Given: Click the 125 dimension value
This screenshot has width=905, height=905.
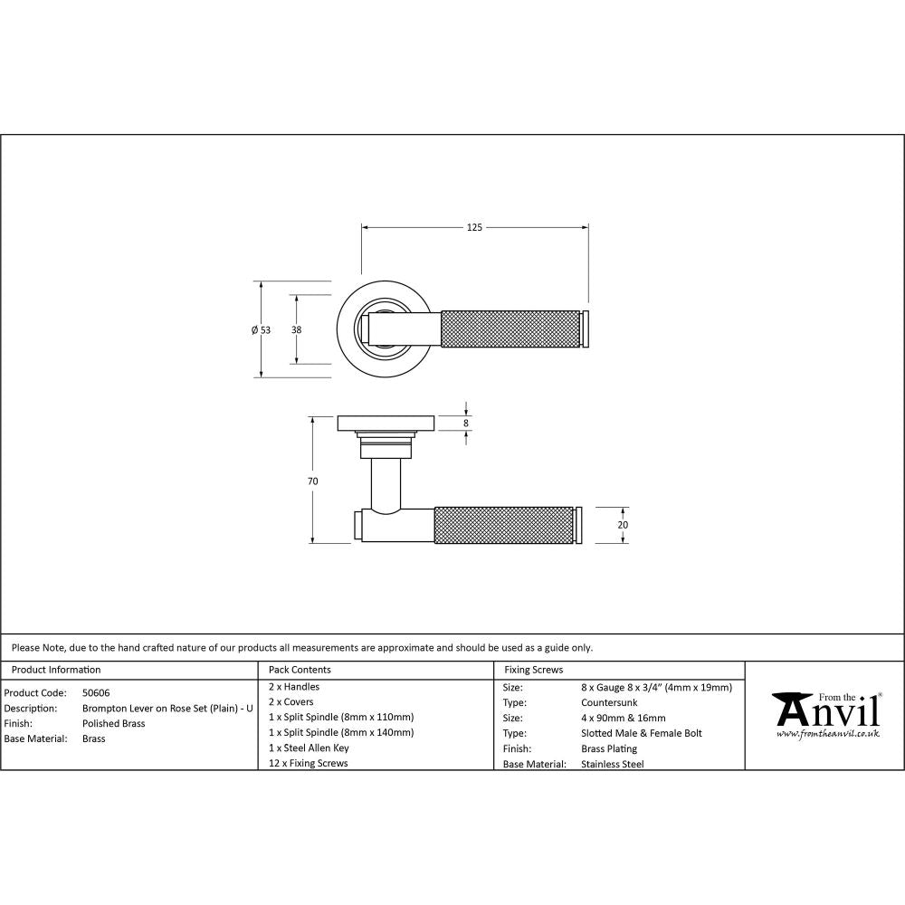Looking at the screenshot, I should (474, 227).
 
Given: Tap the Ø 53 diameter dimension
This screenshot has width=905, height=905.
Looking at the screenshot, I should (261, 330).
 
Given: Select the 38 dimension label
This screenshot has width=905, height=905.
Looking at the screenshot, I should (296, 330).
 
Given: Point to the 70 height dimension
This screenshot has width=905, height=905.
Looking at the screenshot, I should (312, 481).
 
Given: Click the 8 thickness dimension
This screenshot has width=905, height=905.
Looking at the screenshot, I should (466, 423).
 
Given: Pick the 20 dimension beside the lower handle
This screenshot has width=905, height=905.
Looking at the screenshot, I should (623, 525).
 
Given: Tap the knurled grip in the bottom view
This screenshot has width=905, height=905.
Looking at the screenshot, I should (505, 525).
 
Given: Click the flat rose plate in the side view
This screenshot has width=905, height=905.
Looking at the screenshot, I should (386, 423).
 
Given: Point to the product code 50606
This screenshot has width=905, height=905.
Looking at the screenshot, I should (96, 692).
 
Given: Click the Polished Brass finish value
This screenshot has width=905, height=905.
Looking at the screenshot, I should (113, 723).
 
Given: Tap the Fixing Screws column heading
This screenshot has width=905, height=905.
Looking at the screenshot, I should (533, 670).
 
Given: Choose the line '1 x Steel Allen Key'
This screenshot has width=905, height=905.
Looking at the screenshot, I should (309, 748).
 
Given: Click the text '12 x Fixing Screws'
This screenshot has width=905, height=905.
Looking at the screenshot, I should (308, 763).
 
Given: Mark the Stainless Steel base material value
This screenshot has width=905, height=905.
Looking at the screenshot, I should (612, 764).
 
